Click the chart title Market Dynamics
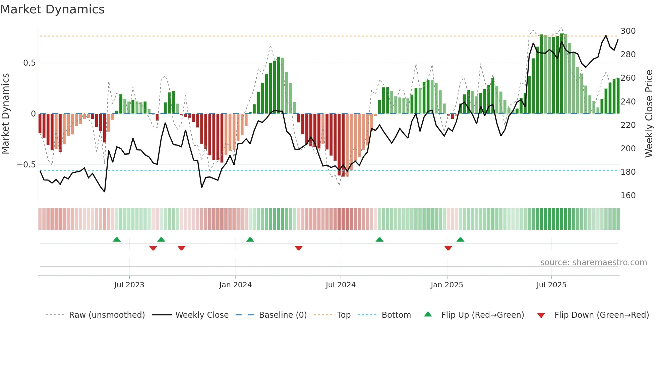(x=52, y=9)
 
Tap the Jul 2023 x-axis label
(x=129, y=285)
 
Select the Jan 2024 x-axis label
(x=235, y=285)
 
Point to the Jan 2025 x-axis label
(x=446, y=285)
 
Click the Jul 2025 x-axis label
(x=551, y=285)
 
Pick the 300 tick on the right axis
(x=628, y=31)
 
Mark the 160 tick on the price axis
(x=628, y=195)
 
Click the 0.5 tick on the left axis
(x=29, y=63)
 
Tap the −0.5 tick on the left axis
(x=26, y=165)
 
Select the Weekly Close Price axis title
(x=649, y=114)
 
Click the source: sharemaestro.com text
(x=593, y=262)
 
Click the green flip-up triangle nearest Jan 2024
(x=250, y=239)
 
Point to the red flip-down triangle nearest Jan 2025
(x=448, y=248)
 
